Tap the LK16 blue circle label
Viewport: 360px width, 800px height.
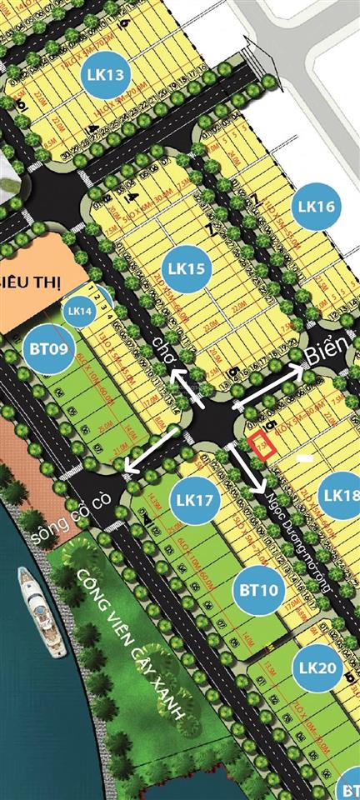pyautogui.click(x=314, y=206)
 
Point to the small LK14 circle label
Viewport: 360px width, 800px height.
pyautogui.click(x=80, y=311)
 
